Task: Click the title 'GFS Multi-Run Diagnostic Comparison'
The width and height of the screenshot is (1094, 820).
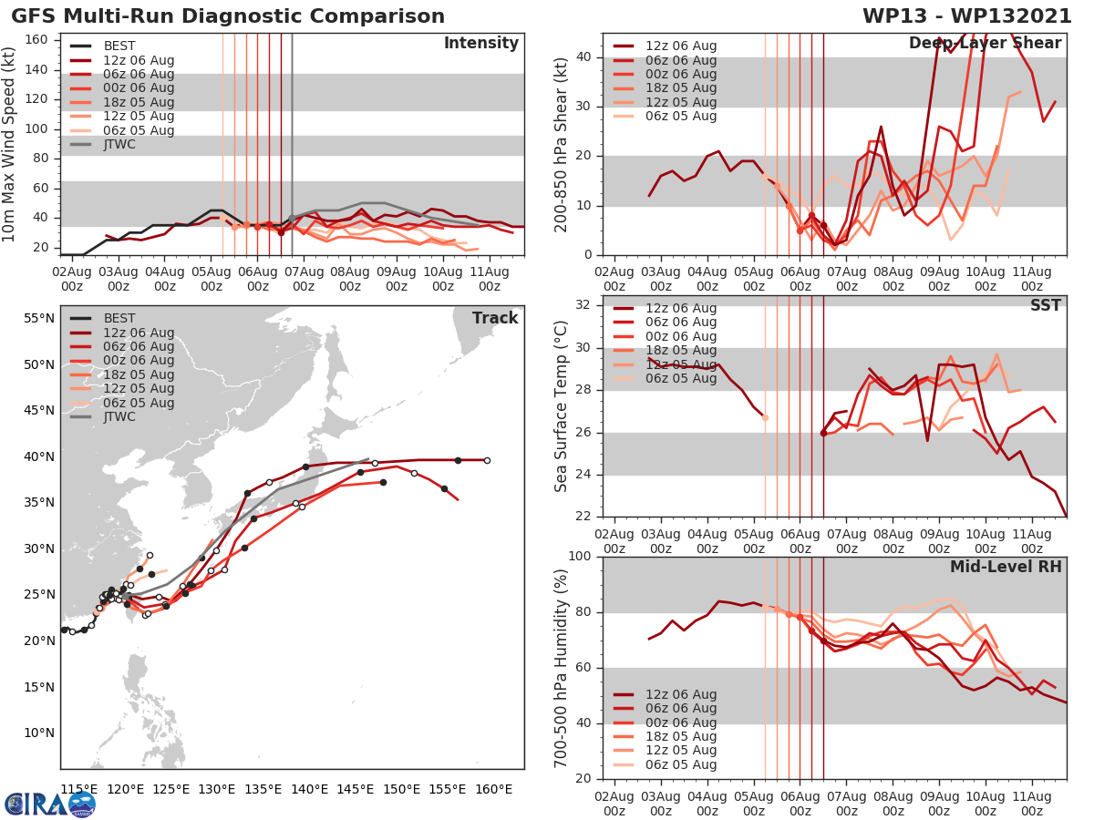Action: [228, 16]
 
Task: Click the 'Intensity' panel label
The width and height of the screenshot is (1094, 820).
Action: [480, 44]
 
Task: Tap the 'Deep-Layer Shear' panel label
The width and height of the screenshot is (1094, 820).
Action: [985, 44]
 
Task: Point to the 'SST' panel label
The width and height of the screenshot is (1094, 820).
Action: [1045, 305]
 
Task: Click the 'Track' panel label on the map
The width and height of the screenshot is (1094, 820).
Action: [494, 318]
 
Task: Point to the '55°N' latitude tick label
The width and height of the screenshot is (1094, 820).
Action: [38, 319]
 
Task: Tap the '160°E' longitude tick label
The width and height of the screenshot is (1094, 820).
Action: [492, 789]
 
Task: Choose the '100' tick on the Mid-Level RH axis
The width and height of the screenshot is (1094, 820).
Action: [580, 557]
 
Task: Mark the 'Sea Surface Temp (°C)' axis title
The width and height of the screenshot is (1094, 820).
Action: [562, 406]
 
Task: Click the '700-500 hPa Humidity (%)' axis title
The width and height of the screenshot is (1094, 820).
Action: [562, 667]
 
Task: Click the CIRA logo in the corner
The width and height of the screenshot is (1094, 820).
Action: [50, 804]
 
